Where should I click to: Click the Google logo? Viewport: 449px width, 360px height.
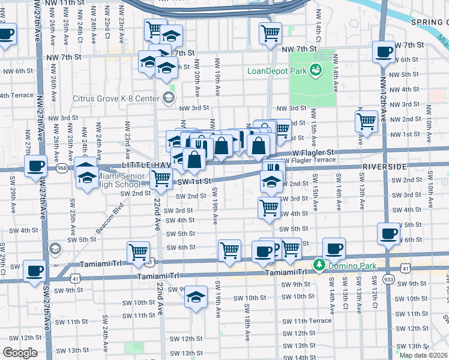[x=20, y=353]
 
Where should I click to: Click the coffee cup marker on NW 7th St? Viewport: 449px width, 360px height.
[x=383, y=52]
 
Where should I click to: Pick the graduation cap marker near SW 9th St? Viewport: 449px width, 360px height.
[x=196, y=298]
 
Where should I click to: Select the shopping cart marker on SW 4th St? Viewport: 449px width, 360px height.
[x=269, y=208]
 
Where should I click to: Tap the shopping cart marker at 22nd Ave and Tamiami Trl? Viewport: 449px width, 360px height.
[x=139, y=252]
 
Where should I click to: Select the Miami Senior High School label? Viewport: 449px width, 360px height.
[x=120, y=180]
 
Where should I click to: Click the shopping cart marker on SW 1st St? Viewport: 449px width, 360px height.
[x=160, y=178]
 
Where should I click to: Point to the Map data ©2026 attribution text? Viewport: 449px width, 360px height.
[x=423, y=355]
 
